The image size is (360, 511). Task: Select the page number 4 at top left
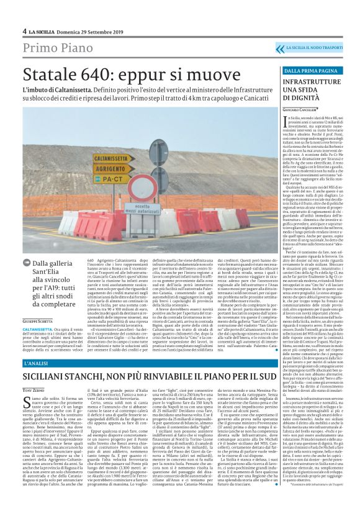tap(24, 31)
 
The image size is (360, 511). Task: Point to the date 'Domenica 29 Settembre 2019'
tap(83, 31)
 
